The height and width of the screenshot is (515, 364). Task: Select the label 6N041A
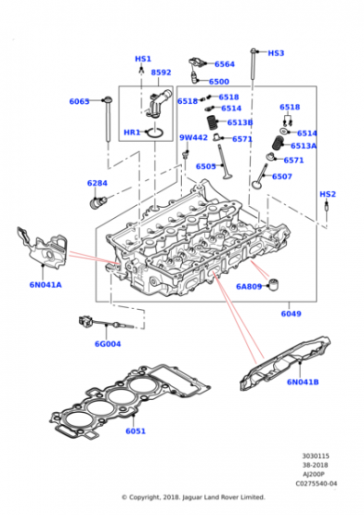coord(44,285)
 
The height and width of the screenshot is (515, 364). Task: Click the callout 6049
coord(290,314)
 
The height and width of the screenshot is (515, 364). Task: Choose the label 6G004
coord(107,345)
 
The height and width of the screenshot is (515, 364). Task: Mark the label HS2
coord(327,194)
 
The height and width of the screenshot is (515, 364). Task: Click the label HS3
coord(276,53)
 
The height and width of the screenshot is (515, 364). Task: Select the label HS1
coord(142,59)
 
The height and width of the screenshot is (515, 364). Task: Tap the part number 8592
coord(161,72)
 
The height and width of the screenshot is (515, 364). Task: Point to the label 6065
coord(79,101)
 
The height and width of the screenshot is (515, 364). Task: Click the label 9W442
coord(193,138)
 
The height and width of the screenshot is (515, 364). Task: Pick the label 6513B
coord(240,122)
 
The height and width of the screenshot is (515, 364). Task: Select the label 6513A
coord(303,145)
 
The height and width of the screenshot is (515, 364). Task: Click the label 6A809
coord(249,286)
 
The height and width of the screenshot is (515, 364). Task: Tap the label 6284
coord(98,183)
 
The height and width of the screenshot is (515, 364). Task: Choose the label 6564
coord(224,64)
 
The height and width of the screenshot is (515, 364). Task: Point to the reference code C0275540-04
coord(315,483)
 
